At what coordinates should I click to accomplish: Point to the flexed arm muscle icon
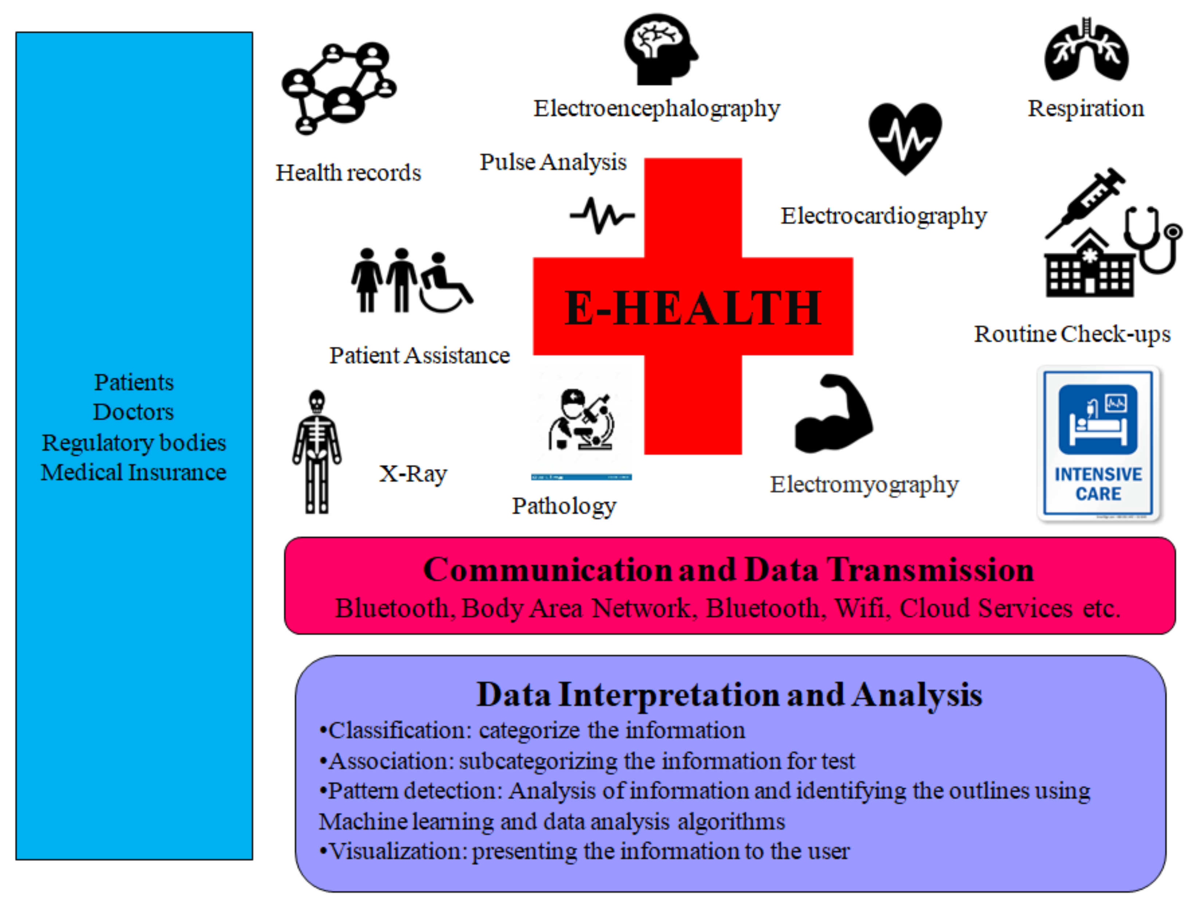(x=834, y=413)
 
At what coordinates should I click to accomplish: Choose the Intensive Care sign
(x=1098, y=443)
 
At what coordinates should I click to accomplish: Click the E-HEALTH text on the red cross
(x=693, y=308)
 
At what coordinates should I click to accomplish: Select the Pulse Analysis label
(x=553, y=162)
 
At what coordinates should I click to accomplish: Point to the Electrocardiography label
(x=884, y=216)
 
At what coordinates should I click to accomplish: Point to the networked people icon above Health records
(x=339, y=88)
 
